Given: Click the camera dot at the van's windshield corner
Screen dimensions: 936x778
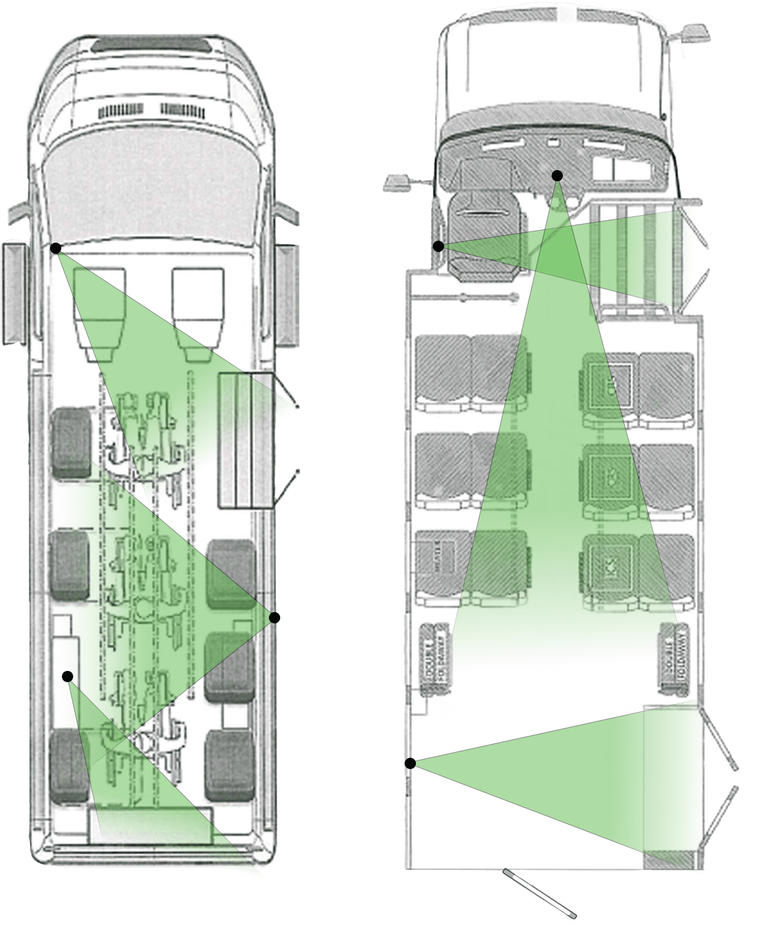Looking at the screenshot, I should click(x=56, y=248).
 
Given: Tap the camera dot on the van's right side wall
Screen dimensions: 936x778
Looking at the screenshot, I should click(x=274, y=618).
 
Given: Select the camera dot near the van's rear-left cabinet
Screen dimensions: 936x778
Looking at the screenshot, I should click(x=68, y=676).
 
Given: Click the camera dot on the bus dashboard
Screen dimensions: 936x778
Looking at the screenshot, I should click(x=557, y=176).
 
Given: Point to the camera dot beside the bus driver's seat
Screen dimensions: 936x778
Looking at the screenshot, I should click(x=438, y=246).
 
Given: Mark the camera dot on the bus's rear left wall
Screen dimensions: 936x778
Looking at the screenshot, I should click(x=410, y=763).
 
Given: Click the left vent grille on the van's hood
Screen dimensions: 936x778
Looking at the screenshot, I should click(x=121, y=111).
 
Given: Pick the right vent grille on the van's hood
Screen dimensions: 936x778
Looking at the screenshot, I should click(x=182, y=111).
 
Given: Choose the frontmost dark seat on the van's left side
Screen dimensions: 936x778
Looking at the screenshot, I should click(x=71, y=443).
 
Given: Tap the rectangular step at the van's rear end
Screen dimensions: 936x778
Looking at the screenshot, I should click(x=150, y=825).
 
